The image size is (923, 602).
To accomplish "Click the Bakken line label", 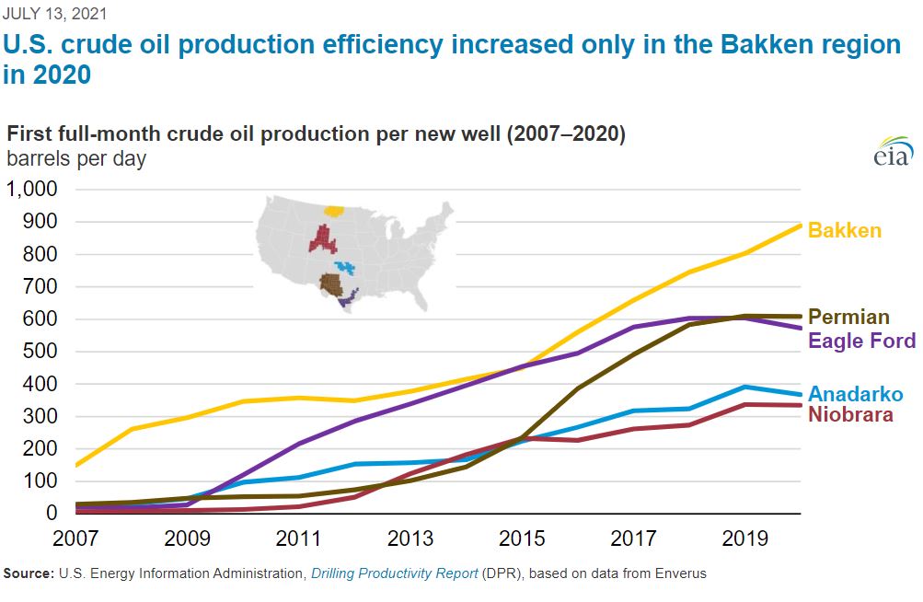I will (844, 230).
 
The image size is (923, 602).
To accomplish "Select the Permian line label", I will (848, 318).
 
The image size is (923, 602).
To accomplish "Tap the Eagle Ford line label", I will (861, 342).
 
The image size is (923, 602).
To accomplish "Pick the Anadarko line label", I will (855, 394).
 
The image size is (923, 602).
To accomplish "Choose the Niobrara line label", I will (850, 414).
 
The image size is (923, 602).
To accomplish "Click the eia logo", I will (893, 153).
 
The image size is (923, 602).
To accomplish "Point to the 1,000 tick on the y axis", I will (32, 190).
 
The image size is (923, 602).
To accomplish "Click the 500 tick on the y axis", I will (40, 352).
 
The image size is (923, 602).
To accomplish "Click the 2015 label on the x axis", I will (521, 537).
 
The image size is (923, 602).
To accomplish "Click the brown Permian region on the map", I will (329, 283).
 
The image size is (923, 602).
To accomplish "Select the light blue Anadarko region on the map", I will (346, 268).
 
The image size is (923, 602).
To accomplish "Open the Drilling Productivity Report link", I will (394, 573).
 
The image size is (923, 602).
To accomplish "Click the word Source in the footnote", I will (27, 573).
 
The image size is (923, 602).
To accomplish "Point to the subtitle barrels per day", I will (76, 158).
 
